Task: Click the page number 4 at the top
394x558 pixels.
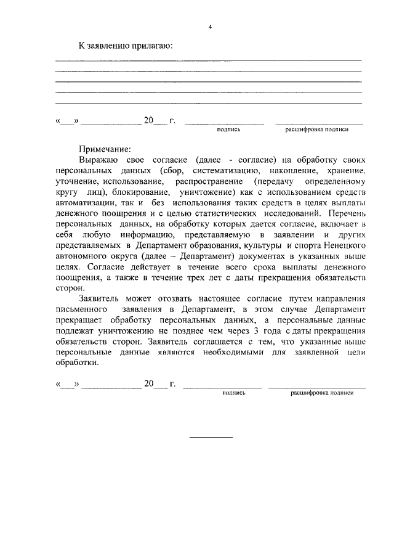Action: tap(210, 27)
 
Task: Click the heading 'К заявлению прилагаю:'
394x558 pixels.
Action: tap(125, 46)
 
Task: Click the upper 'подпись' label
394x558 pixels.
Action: tap(228, 130)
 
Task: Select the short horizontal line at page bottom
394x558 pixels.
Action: tap(211, 437)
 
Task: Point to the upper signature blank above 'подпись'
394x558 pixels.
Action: tap(225, 124)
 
